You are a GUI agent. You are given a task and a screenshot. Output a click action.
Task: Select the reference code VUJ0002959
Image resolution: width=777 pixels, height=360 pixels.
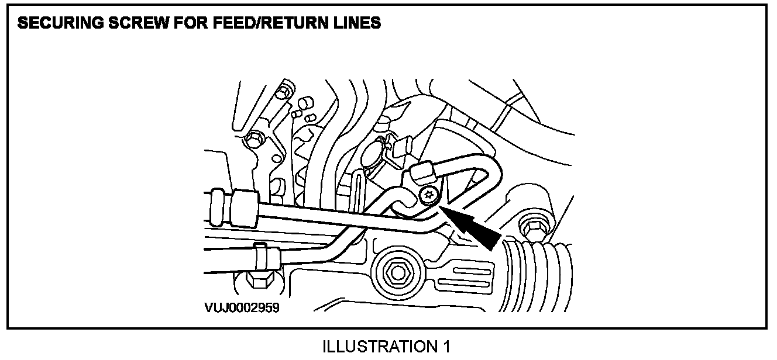(241, 307)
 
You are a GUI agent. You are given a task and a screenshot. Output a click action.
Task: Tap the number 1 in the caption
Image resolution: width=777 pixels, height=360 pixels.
(446, 347)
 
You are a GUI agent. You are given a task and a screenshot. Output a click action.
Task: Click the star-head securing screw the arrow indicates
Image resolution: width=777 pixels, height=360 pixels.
(429, 196)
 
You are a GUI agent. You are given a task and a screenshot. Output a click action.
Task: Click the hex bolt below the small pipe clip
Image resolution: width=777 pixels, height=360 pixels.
(258, 279)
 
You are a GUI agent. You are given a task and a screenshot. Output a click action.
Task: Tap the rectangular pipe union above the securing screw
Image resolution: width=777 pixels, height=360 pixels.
(424, 173)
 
